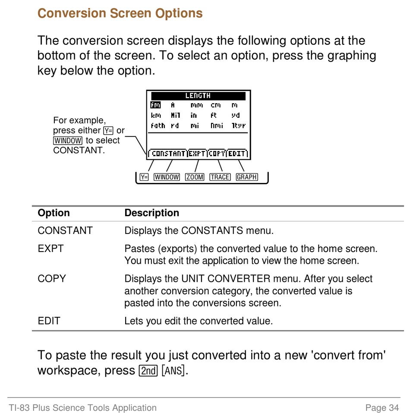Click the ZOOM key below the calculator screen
(195, 177)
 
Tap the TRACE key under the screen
(220, 177)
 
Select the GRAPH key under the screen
(247, 177)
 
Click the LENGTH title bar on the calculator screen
(198, 96)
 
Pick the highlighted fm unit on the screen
(155, 105)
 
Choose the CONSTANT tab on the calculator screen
(168, 153)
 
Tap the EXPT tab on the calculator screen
(197, 153)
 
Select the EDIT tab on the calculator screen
(237, 153)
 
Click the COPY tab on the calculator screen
(217, 153)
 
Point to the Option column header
(54, 213)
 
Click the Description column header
(151, 213)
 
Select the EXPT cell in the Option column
(50, 249)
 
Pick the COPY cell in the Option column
(52, 279)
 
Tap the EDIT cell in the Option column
(49, 321)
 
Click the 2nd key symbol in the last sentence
(148, 371)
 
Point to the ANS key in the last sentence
(173, 371)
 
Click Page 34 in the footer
(382, 407)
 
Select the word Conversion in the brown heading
(72, 13)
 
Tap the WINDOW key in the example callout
(68, 141)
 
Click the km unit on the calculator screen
(156, 115)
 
